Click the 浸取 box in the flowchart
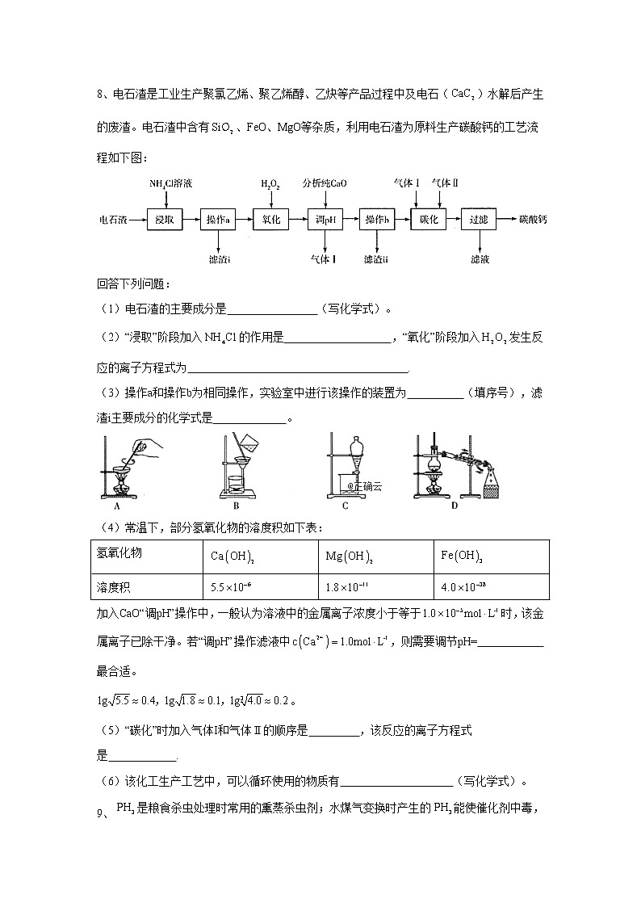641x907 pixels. pos(165,220)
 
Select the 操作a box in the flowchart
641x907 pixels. pos(218,220)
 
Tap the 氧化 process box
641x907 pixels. pos(271,220)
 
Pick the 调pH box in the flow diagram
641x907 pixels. pos(325,220)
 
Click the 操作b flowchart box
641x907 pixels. pos(377,220)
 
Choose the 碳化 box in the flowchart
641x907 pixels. pos(429,220)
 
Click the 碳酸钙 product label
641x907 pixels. pos(533,220)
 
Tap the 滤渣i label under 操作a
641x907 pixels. pos(219,259)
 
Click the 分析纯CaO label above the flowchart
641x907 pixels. pos(325,183)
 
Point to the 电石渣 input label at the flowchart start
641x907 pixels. pos(113,220)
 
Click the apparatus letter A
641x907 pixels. pos(117,507)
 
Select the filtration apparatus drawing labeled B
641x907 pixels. pos(237,468)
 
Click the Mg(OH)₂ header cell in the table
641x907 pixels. pos(374,557)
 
